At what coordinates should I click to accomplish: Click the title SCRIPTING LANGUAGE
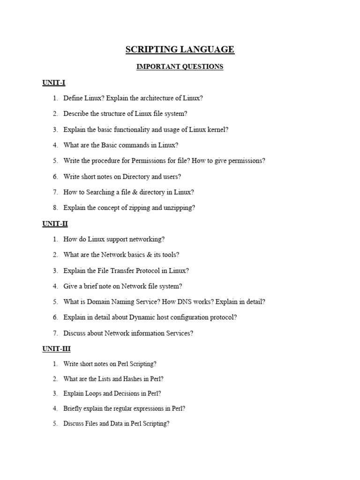180,50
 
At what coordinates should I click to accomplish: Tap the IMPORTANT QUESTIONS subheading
180,67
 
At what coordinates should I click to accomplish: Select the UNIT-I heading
54,82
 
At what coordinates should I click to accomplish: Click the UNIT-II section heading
55,224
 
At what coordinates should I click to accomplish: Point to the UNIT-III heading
56,349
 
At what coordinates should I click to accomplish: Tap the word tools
170,255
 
